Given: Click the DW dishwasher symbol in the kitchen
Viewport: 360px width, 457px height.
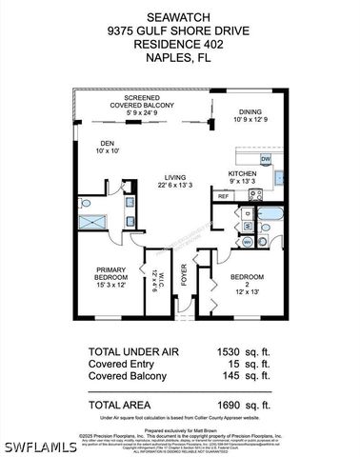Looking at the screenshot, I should coord(267,159).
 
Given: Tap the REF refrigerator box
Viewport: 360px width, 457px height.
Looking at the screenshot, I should coord(223,195).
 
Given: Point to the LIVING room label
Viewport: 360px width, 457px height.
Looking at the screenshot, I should coord(173,176).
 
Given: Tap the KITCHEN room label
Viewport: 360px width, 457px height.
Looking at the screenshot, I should coord(242,173).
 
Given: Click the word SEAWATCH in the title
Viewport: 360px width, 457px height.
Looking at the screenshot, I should coord(179,17).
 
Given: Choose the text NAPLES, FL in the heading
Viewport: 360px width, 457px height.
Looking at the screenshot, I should coord(179,57).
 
